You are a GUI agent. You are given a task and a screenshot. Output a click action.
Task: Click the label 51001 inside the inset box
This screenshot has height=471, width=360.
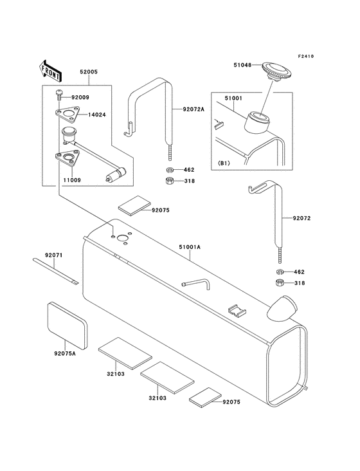point(233,98)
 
